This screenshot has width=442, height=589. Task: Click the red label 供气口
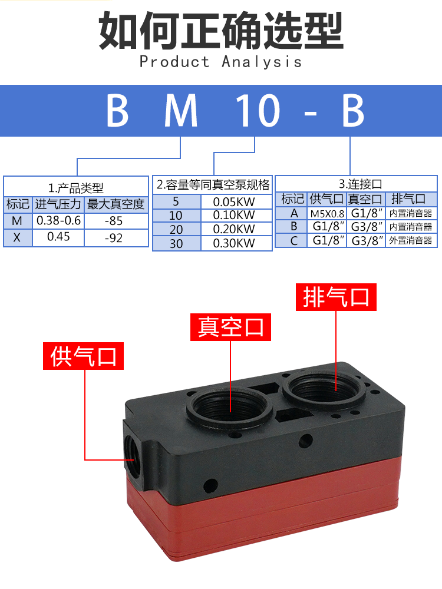pos(83,356)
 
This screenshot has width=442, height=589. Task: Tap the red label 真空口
pos(230,326)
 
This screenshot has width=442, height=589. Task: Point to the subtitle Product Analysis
pos(221,62)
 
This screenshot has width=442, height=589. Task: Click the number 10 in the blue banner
pos(258,111)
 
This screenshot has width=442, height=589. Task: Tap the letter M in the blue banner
pos(181,111)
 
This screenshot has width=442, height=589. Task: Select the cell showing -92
pos(116,238)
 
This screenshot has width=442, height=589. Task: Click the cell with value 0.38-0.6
pos(58,221)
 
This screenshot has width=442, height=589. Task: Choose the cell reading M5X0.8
pos(327,213)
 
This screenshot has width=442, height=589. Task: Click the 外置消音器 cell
pos(411,240)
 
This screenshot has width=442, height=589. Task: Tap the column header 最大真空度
pos(116,204)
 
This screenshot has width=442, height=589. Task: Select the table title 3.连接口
pos(357,184)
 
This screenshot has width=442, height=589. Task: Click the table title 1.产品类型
pos(75,188)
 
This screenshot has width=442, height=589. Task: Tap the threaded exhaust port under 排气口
pos(319,388)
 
